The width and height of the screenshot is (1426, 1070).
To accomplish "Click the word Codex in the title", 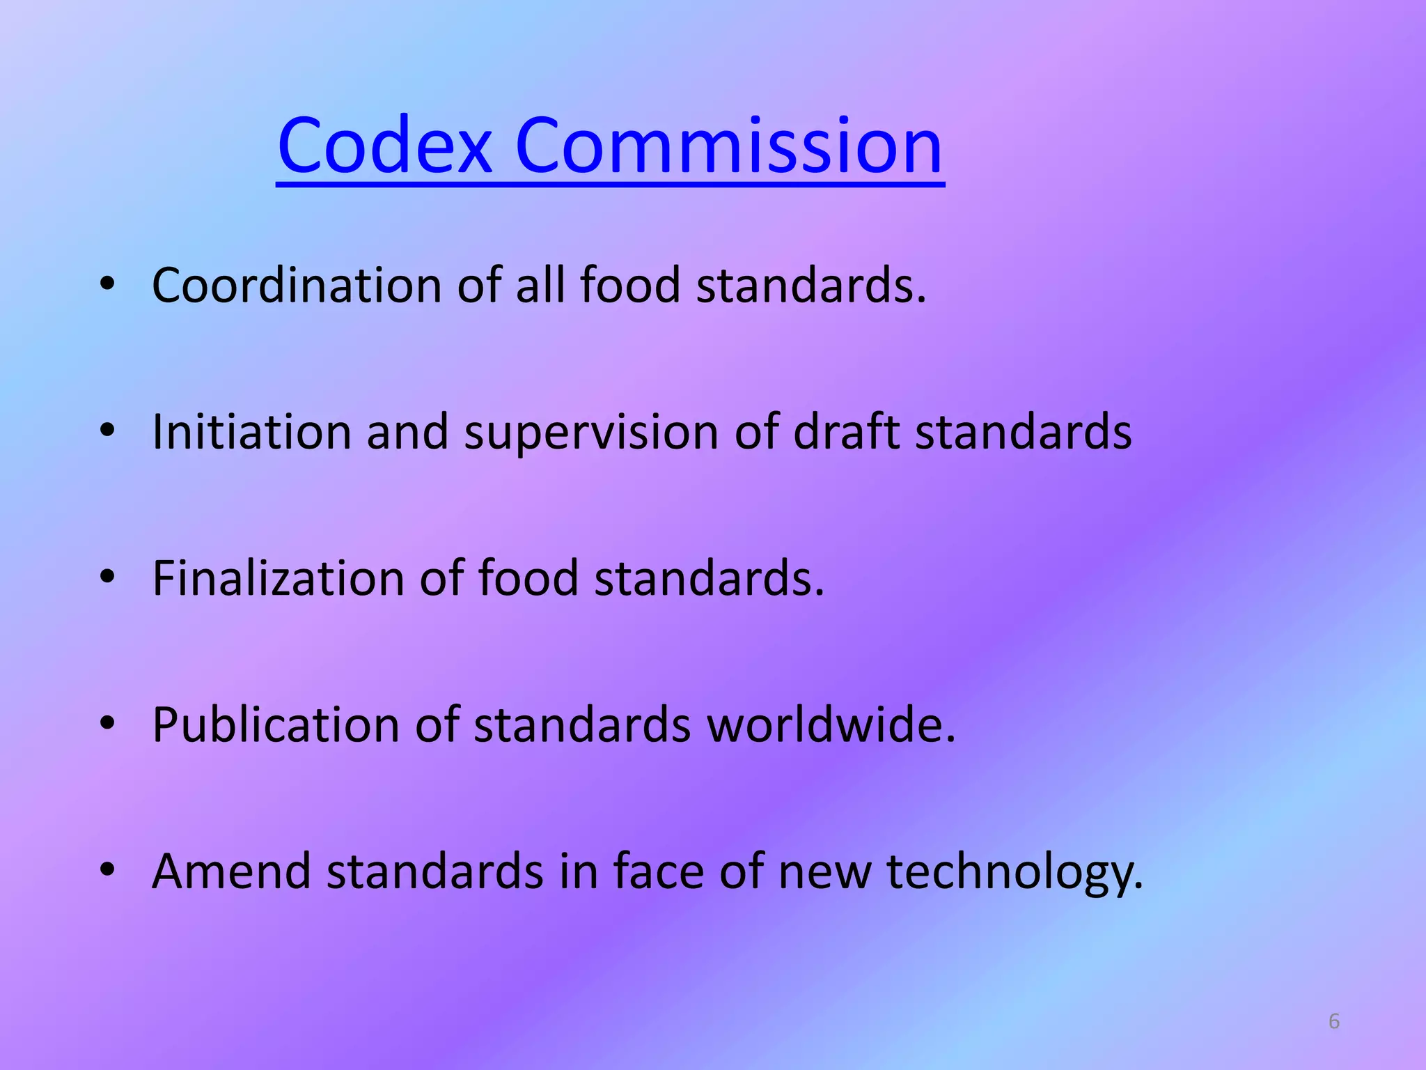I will coord(385,146).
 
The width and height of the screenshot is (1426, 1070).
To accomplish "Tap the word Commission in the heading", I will coord(728,146).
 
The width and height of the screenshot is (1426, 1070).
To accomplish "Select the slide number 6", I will coord(1334,1021).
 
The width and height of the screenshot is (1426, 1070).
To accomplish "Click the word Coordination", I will coord(297,286).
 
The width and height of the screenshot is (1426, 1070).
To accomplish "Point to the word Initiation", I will coord(251,432).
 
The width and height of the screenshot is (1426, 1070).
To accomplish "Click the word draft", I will coord(846,432).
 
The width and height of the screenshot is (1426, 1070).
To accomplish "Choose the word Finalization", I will coord(278,578).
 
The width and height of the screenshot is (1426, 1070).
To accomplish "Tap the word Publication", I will coord(276,725).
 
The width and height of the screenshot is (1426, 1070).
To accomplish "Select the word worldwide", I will coord(830,724).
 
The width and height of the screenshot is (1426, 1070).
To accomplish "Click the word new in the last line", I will coord(824,872).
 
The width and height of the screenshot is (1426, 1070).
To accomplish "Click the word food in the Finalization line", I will coord(528,578).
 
